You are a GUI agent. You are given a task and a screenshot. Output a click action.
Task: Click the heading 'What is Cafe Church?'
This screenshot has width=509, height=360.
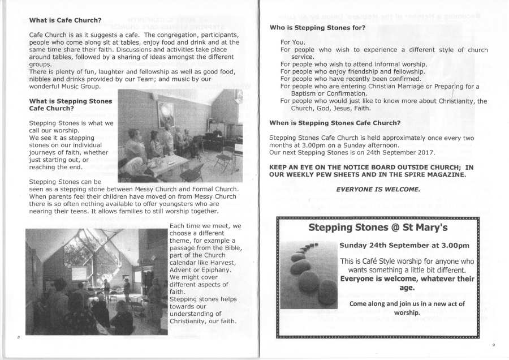(x=65, y=20)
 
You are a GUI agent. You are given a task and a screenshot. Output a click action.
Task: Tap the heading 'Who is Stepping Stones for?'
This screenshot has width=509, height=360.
(x=317, y=28)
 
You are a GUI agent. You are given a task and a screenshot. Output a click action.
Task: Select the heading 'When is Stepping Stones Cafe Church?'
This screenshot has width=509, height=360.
(x=335, y=123)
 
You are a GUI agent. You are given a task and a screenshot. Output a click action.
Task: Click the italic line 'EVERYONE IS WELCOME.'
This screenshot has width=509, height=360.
(x=378, y=189)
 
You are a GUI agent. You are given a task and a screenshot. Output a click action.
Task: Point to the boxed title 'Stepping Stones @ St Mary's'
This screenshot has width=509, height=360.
(x=378, y=228)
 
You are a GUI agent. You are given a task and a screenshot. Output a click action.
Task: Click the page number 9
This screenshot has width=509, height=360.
(x=493, y=345)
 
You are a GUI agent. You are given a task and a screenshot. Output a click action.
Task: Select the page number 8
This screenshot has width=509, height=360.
(x=18, y=338)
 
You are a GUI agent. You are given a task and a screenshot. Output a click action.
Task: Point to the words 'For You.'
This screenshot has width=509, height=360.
(x=292, y=42)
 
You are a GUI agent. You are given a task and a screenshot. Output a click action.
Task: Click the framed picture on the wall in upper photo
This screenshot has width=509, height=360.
(x=166, y=114)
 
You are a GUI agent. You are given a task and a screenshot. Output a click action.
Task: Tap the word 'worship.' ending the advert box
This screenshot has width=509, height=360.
(x=407, y=312)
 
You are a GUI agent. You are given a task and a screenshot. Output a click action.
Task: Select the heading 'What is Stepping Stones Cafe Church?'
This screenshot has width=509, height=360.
(x=71, y=104)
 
